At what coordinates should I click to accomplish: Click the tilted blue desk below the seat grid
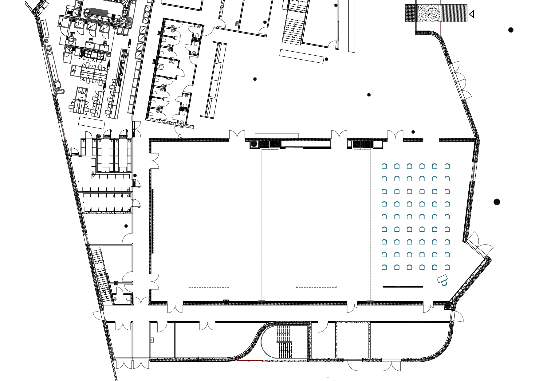[443, 280]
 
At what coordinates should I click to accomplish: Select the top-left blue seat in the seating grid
[384, 166]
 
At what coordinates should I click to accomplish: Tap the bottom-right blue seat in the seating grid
[447, 267]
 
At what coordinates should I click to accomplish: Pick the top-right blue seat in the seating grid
[447, 166]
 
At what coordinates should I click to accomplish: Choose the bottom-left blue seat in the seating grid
[384, 267]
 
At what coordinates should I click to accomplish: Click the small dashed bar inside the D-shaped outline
[284, 342]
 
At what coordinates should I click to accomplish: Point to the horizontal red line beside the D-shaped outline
[250, 360]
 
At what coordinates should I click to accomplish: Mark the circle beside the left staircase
[254, 143]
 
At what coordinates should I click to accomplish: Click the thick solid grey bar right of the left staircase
[294, 147]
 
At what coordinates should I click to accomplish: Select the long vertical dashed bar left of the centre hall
[152, 221]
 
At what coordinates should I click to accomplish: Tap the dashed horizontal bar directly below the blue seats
[403, 287]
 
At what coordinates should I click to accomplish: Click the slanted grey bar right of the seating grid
[474, 171]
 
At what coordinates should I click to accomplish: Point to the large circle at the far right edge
[497, 202]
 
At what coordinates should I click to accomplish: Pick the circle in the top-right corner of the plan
[511, 30]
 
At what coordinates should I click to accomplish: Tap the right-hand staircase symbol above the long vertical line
[362, 145]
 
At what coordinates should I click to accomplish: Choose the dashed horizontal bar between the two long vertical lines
[316, 287]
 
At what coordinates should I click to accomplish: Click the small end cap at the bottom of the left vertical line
[262, 301]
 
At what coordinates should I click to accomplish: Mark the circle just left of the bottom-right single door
[447, 306]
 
